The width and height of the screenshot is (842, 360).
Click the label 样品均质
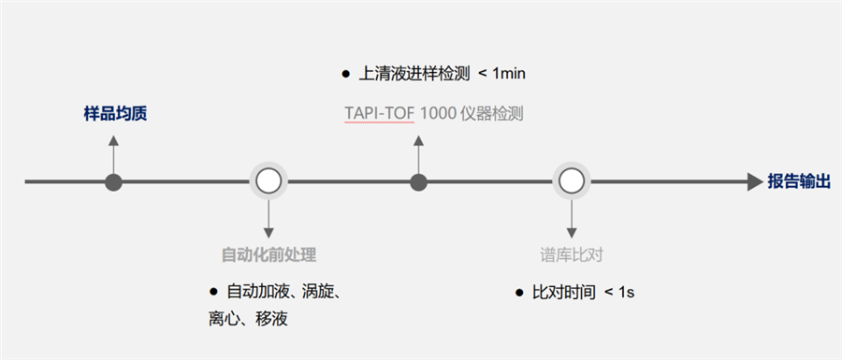tap(115, 114)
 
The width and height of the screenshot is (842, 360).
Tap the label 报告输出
tap(799, 181)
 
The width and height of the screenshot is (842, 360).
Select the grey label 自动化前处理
tap(269, 254)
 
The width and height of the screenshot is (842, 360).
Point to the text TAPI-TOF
tap(379, 114)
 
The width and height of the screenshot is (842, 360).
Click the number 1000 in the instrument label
tap(439, 114)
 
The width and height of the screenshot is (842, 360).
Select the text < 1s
tap(619, 293)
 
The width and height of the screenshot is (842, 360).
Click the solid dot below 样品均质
tap(114, 181)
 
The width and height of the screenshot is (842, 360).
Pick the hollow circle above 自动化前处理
tap(269, 181)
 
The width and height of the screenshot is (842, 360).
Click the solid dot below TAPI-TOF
tap(418, 181)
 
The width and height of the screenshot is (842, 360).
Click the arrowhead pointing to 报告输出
tap(755, 181)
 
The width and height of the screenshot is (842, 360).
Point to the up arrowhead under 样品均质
tap(114, 140)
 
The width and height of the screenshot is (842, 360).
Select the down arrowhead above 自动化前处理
tap(269, 230)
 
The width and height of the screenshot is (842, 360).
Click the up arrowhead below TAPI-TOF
tap(418, 140)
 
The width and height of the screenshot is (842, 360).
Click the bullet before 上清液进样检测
tap(345, 73)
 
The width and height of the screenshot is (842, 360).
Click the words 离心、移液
tap(248, 319)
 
